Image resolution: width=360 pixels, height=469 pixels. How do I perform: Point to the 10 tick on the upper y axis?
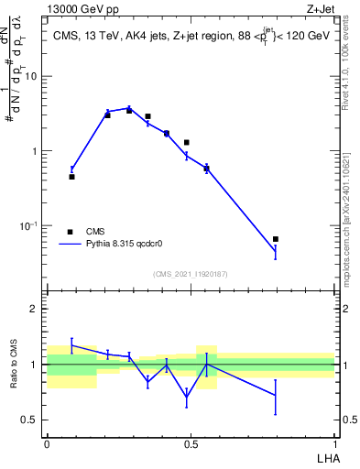tap(31, 76)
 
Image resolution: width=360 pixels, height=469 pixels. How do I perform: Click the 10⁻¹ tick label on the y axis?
tap(27, 225)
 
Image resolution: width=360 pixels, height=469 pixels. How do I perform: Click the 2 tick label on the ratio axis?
tap(34, 309)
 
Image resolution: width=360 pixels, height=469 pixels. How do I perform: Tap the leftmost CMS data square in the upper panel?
tap(71, 177)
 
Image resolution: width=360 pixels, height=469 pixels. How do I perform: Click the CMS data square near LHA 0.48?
tap(187, 143)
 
